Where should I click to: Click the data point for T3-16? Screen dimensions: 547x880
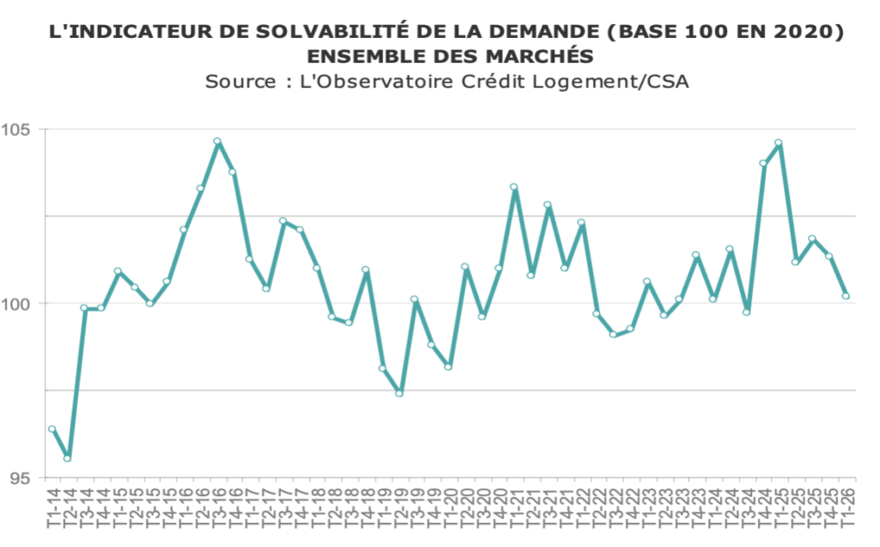(217, 141)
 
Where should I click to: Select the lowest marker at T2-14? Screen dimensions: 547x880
(67, 458)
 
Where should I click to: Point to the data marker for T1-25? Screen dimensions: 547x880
(779, 143)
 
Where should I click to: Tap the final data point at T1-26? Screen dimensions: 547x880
(846, 296)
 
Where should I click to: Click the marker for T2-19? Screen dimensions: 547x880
(400, 393)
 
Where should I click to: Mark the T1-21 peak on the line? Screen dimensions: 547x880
(514, 187)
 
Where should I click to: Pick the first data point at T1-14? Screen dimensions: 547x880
(52, 429)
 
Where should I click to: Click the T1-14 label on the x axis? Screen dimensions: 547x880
(52, 511)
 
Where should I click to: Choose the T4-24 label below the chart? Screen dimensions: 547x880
(763, 511)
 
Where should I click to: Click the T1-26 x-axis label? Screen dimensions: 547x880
(846, 511)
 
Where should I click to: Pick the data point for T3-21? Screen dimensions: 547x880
(547, 205)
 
